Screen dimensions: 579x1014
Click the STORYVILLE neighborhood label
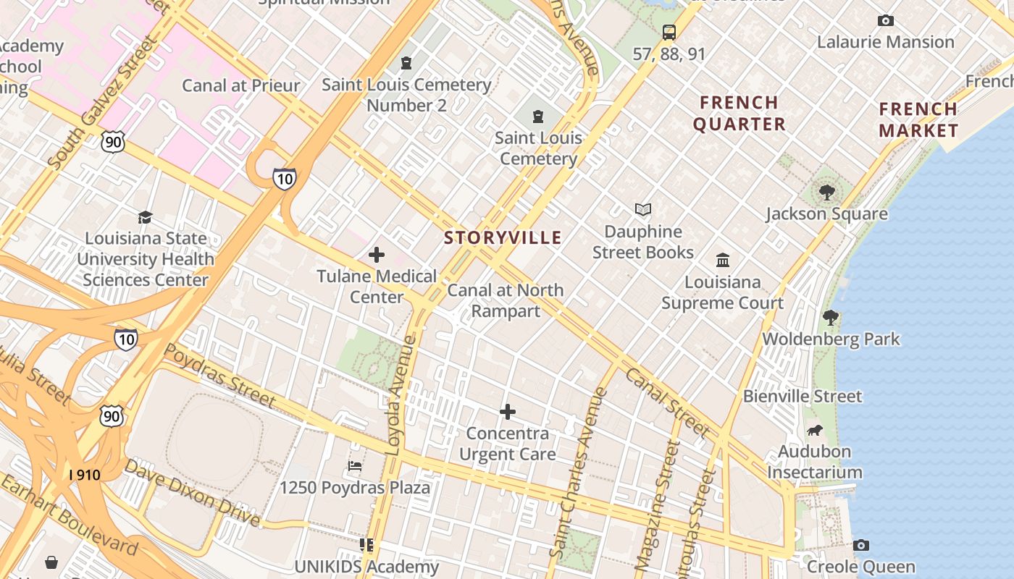(x=503, y=237)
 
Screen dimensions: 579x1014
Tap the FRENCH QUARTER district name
(x=739, y=113)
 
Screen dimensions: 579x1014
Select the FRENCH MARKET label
(x=918, y=120)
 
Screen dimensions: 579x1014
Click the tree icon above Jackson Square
(x=826, y=193)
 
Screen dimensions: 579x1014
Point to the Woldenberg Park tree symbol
(x=831, y=317)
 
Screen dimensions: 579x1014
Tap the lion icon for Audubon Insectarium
(x=815, y=431)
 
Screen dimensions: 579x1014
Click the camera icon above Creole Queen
(x=860, y=545)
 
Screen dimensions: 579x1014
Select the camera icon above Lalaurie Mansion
(x=885, y=21)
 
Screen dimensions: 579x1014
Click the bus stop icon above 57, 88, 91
(x=669, y=33)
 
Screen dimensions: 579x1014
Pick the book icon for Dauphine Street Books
(x=642, y=210)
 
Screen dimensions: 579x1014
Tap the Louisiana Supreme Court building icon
(x=722, y=260)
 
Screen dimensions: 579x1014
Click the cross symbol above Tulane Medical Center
(x=377, y=255)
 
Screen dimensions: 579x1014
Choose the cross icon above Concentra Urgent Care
(x=508, y=412)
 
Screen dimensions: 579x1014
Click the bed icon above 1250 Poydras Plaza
(x=355, y=465)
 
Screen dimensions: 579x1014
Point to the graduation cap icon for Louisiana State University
(x=146, y=217)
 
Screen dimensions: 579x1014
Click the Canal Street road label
(x=666, y=402)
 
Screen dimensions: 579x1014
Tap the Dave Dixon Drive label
(x=191, y=492)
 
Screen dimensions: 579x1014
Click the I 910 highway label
(x=85, y=476)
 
